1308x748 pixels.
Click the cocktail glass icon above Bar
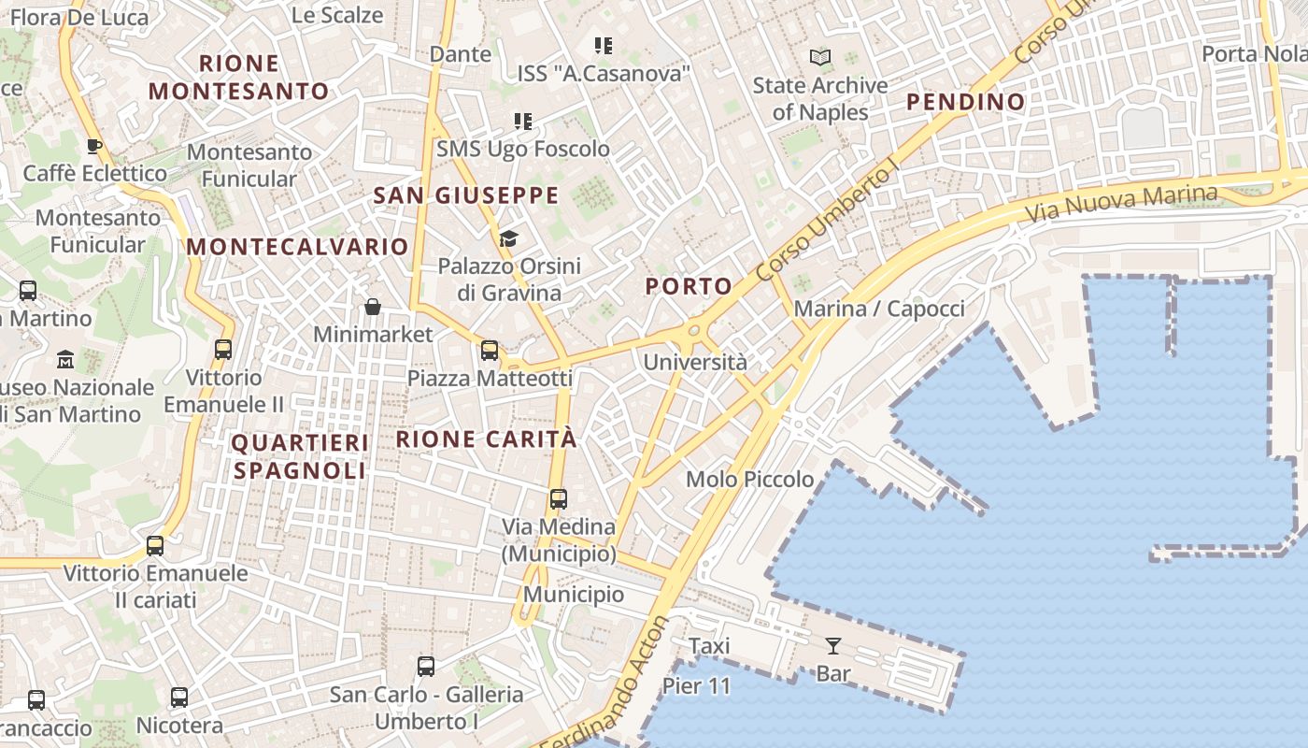click(832, 645)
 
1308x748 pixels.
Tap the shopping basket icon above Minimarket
click(372, 307)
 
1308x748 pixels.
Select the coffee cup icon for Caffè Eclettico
click(93, 146)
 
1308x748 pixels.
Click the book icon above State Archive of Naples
click(820, 58)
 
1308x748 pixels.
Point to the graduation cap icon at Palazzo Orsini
click(508, 239)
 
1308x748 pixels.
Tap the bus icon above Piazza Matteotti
click(489, 351)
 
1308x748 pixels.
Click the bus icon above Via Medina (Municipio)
click(558, 499)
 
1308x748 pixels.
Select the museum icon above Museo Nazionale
click(65, 359)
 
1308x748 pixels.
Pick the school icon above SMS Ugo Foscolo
click(522, 122)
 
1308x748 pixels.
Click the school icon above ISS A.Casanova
click(603, 45)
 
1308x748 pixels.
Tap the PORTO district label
click(689, 286)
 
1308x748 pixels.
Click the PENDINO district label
click(966, 101)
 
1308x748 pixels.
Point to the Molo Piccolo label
click(750, 480)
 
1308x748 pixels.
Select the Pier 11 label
click(696, 686)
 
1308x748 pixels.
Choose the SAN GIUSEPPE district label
click(465, 195)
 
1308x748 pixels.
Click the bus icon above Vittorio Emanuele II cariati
click(155, 546)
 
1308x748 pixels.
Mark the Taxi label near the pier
click(709, 646)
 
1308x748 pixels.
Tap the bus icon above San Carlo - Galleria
click(426, 667)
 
